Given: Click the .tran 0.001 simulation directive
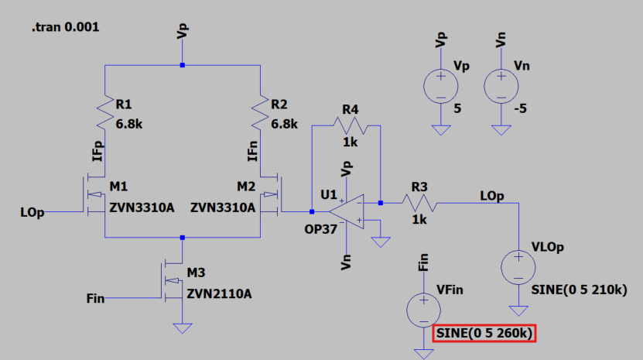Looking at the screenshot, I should tap(65, 27).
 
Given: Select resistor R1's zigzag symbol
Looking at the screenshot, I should tap(104, 112).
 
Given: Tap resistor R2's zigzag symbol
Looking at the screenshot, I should tap(261, 112).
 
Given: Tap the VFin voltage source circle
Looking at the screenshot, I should tap(423, 308).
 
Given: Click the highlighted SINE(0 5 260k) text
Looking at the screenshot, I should tap(485, 334).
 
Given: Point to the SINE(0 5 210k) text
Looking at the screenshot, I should tap(579, 290).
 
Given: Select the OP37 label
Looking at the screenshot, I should tap(320, 230).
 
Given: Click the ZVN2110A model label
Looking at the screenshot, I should tap(219, 293).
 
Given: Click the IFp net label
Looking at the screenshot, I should tap(97, 151).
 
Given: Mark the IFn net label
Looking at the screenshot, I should tap(252, 151).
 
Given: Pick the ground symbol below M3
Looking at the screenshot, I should tap(182, 327).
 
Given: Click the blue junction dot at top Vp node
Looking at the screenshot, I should tap(182, 66).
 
